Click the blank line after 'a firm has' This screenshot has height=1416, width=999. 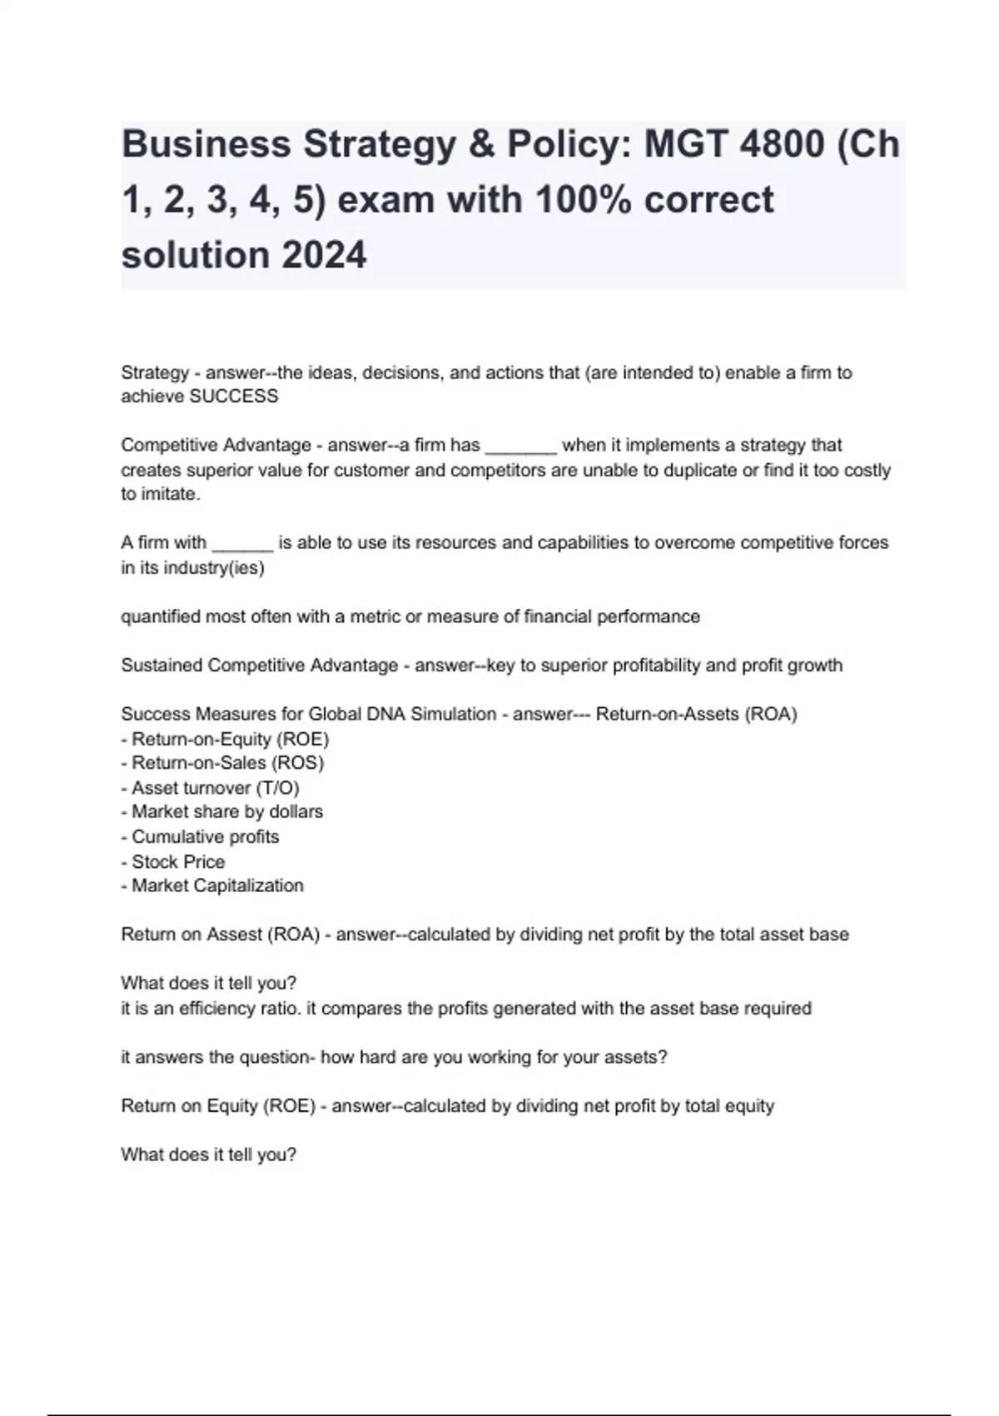click(x=520, y=446)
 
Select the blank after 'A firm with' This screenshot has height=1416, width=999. click(x=242, y=544)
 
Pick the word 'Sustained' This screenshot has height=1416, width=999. click(x=161, y=666)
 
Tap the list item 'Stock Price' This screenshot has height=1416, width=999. click(x=178, y=861)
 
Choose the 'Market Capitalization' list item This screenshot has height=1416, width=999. click(x=217, y=885)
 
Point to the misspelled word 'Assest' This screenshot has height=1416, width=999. click(x=234, y=935)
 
